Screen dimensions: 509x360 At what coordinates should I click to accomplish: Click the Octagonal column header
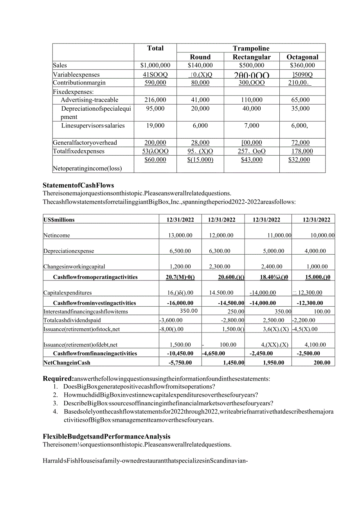(302, 57)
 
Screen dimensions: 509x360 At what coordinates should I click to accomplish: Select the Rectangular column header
(252, 57)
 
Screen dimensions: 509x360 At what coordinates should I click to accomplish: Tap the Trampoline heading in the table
(251, 49)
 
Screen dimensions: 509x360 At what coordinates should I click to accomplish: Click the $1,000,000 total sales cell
(155, 66)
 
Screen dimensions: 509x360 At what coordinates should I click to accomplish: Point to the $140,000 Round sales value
(200, 66)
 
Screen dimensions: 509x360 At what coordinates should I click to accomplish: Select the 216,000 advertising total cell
(155, 100)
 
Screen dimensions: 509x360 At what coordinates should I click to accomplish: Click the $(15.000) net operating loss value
(200, 160)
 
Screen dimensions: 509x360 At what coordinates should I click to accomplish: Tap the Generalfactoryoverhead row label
(85, 143)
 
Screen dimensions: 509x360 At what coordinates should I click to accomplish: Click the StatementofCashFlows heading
(79, 185)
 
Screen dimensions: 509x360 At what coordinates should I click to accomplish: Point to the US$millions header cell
(59, 220)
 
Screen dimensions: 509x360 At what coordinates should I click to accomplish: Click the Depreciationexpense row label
(69, 251)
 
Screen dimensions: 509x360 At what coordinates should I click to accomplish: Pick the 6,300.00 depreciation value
(221, 251)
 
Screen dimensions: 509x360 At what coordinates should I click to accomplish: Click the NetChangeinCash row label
(67, 363)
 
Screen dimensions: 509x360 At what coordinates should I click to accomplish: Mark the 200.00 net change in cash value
(322, 363)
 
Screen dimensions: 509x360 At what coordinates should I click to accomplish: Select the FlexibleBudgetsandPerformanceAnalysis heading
(106, 436)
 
